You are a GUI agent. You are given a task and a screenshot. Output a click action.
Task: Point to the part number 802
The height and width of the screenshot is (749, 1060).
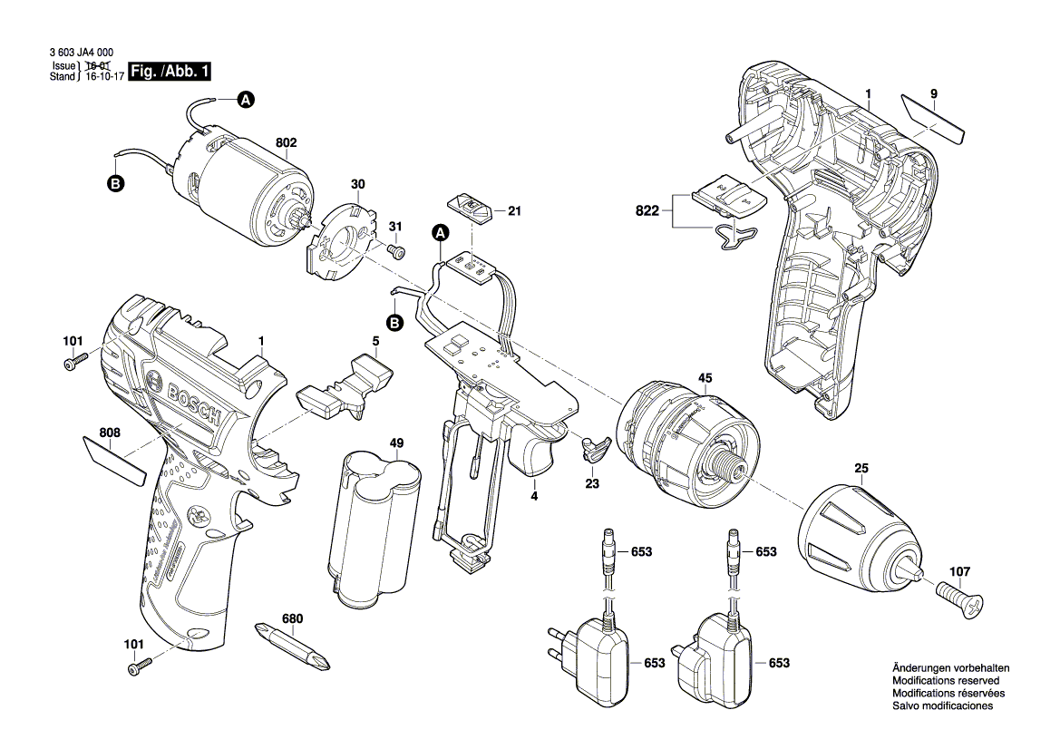(x=287, y=142)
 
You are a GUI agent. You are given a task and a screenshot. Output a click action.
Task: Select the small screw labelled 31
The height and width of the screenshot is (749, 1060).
(x=395, y=248)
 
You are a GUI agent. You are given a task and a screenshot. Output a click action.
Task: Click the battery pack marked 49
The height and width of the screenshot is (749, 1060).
(x=377, y=535)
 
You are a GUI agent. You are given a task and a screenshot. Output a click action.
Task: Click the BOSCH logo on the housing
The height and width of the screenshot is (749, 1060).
(x=192, y=402)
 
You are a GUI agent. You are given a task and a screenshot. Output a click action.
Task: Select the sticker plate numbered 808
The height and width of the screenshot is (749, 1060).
(x=114, y=460)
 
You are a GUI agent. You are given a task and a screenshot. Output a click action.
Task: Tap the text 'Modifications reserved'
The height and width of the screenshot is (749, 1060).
(x=946, y=680)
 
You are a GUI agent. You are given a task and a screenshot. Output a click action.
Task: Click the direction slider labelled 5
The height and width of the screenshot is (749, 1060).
(x=346, y=387)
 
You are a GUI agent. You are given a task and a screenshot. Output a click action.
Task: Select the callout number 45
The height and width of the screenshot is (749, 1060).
(x=705, y=377)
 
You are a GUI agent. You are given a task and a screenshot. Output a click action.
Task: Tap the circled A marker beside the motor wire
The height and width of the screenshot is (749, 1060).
(x=245, y=101)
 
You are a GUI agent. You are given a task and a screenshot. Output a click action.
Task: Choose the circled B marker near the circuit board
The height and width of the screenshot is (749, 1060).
(x=395, y=323)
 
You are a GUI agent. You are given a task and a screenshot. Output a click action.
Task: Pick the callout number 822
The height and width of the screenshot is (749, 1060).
(x=647, y=209)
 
